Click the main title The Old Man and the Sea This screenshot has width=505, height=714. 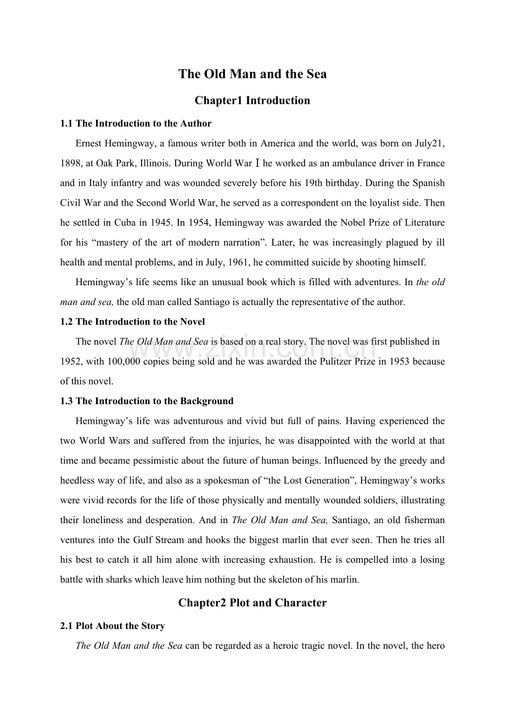click(252, 74)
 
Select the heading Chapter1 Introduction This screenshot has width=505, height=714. click(252, 100)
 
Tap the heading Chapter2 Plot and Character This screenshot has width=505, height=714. click(252, 603)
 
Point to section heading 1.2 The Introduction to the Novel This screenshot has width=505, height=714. click(132, 321)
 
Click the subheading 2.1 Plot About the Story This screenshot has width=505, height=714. click(113, 626)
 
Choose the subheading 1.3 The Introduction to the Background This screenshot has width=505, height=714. click(147, 401)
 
